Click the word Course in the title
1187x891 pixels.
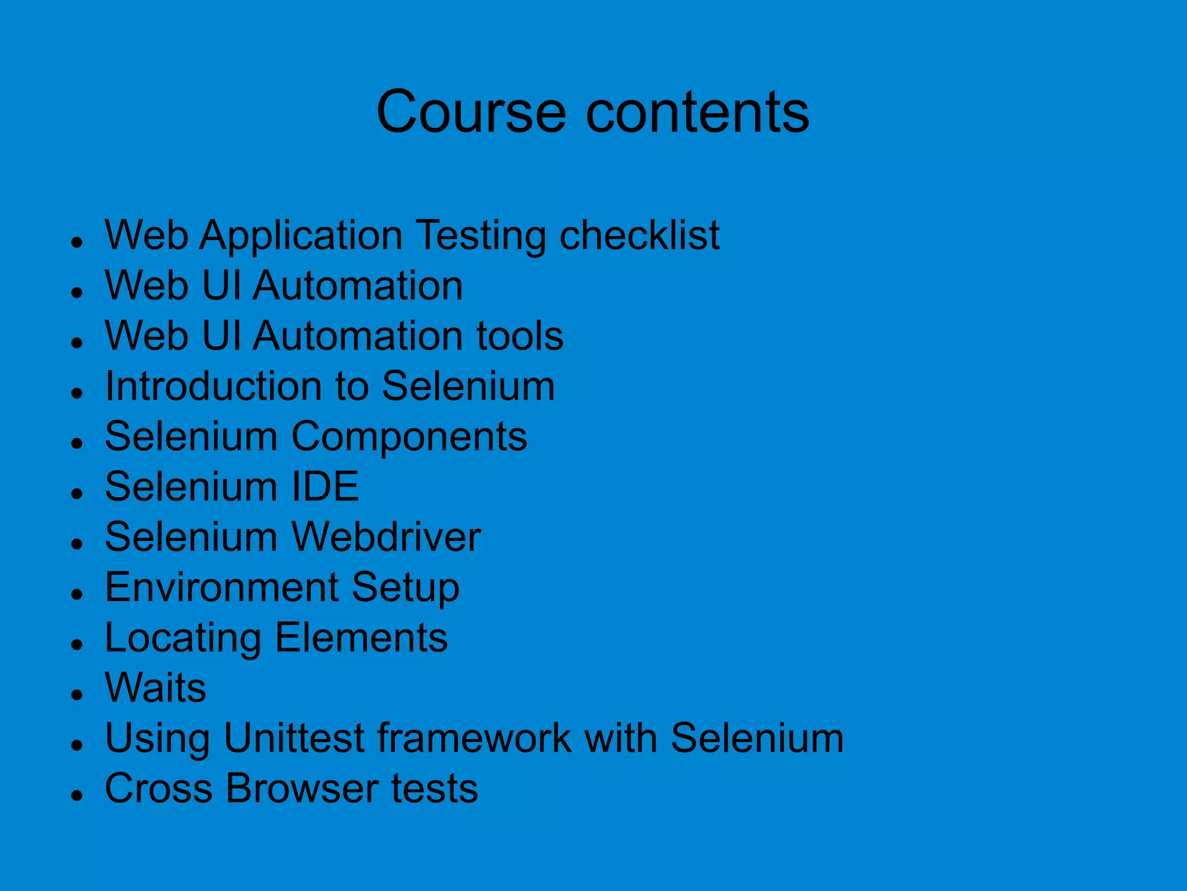471,112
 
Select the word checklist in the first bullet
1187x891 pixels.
639,235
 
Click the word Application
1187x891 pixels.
301,237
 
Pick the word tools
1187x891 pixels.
519,336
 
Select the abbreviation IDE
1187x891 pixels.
325,486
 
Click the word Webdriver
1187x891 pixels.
385,537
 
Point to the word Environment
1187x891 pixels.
221,587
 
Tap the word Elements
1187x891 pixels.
361,638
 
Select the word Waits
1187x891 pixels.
155,688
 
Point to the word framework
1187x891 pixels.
474,739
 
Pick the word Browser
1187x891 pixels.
301,788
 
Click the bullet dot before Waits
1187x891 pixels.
77,694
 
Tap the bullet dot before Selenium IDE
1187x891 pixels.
77,493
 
